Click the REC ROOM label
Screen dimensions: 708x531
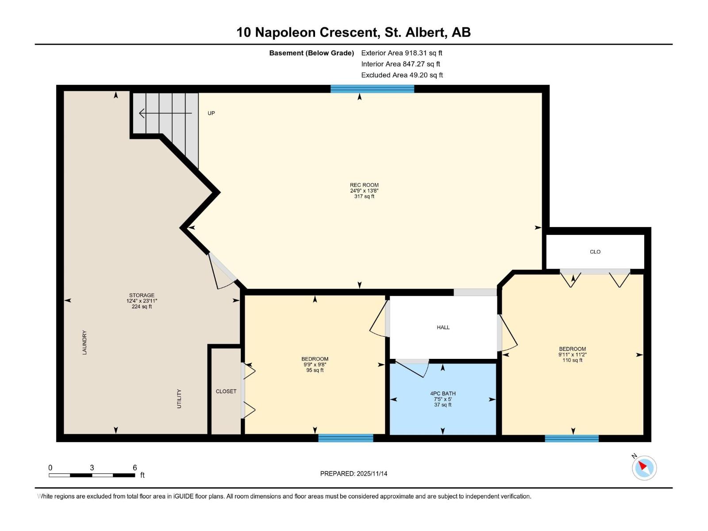[x=364, y=185]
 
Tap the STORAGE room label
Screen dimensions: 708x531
[x=142, y=295]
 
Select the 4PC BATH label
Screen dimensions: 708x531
[x=442, y=394]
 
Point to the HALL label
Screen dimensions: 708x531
[x=443, y=327]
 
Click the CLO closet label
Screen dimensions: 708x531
[x=595, y=252]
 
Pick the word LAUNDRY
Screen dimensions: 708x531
[x=85, y=342]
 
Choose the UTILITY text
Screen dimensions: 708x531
[x=179, y=399]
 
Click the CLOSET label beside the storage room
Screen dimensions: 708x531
[x=226, y=392]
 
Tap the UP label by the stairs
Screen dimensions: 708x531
[x=211, y=113]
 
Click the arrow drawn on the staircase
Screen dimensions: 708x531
[x=165, y=113]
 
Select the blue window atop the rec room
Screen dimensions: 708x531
[x=372, y=88]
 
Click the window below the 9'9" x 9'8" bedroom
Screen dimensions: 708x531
[x=346, y=438]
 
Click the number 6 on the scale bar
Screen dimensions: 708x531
[x=135, y=468]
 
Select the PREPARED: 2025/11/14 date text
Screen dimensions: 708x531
[x=354, y=473]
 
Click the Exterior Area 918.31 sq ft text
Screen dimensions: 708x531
[x=402, y=53]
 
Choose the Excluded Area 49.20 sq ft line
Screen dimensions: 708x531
[x=402, y=75]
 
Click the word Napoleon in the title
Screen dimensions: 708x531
[x=285, y=33]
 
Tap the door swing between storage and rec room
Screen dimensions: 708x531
[x=221, y=273]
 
